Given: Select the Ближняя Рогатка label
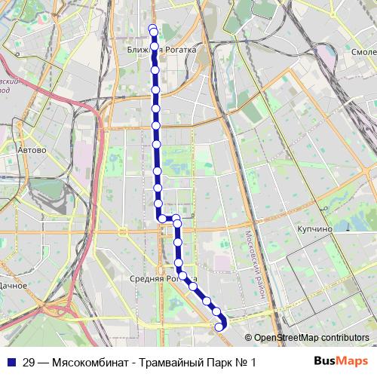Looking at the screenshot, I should [x=161, y=50].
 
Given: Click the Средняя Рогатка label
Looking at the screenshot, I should [x=163, y=278].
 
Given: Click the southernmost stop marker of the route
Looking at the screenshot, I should [x=219, y=326].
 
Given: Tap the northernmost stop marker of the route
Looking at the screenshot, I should [x=153, y=29].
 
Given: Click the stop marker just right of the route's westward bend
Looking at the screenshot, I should [x=176, y=219].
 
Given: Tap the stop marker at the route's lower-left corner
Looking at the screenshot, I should [x=161, y=219].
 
